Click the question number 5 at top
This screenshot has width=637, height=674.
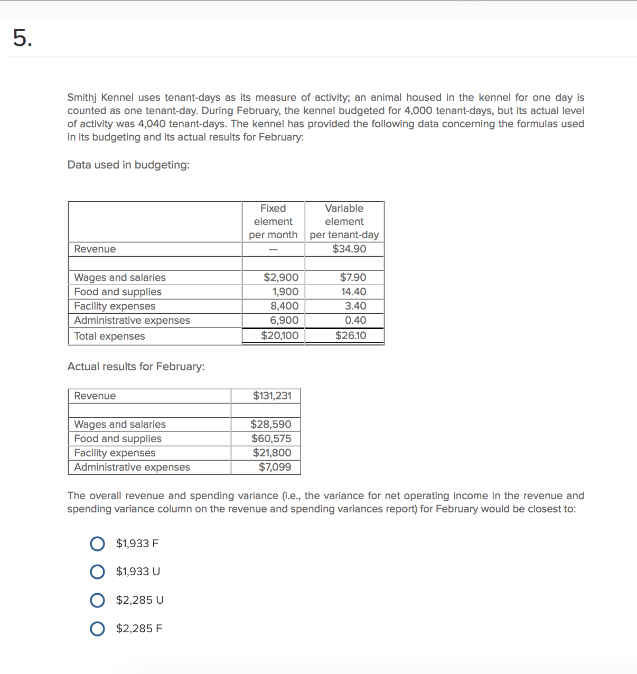point(22,38)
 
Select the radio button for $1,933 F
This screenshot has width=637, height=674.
point(97,544)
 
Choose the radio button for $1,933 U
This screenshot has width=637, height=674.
point(97,572)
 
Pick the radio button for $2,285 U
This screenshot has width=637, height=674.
point(97,600)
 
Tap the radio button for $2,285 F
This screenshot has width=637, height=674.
point(97,629)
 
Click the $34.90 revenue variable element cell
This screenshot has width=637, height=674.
point(349,249)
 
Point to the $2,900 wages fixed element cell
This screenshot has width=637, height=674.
point(280,277)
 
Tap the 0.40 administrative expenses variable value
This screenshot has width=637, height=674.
point(355,320)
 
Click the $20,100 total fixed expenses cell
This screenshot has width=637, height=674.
point(279,335)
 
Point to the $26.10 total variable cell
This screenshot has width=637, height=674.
point(350,335)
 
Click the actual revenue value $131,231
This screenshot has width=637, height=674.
point(271,396)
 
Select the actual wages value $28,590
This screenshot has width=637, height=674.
point(270,424)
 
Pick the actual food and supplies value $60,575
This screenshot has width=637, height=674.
point(271,438)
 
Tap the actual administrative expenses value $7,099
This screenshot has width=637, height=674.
point(275,467)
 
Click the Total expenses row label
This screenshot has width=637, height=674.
point(109,336)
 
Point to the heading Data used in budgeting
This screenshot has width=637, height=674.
point(128,165)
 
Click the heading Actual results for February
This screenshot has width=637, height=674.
point(136,367)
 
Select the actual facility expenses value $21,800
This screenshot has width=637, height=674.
point(271,453)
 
